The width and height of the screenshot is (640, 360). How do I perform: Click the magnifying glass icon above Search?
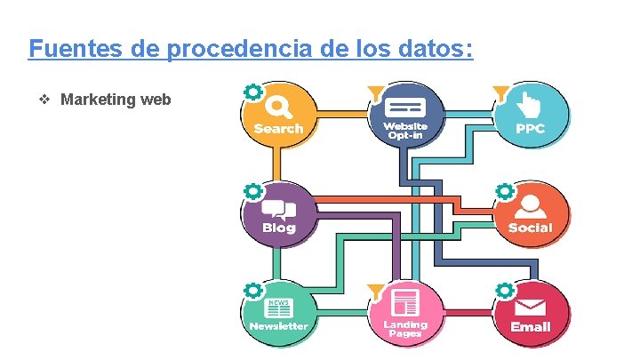pyautogui.click(x=278, y=107)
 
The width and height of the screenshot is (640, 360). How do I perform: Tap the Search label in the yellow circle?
pyautogui.click(x=278, y=129)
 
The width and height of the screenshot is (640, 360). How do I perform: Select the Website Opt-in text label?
pyautogui.click(x=405, y=131)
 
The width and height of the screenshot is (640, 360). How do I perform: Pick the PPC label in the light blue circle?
pyautogui.click(x=531, y=129)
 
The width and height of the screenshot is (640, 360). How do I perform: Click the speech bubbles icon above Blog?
pyautogui.click(x=278, y=208)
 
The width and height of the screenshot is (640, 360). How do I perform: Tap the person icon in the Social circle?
pyautogui.click(x=531, y=205)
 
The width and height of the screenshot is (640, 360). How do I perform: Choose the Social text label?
pyautogui.click(x=531, y=228)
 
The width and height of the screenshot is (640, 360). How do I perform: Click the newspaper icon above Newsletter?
pyautogui.click(x=278, y=308)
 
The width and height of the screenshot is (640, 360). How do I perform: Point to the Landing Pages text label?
pyautogui.click(x=405, y=329)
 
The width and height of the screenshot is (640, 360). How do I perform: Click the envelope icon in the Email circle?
pyautogui.click(x=531, y=306)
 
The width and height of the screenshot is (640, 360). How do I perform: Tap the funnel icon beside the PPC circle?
pyautogui.click(x=501, y=91)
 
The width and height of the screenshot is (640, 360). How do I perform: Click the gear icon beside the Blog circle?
pyautogui.click(x=253, y=190)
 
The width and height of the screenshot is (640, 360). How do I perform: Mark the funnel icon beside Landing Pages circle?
pyautogui.click(x=377, y=290)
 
